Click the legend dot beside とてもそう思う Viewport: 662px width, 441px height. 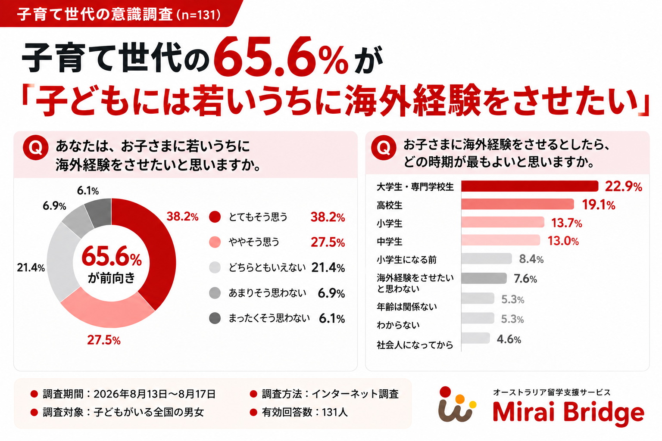click(x=215, y=217)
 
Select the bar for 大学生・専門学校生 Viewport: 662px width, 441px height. click(x=530, y=186)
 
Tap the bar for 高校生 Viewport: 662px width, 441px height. click(x=518, y=204)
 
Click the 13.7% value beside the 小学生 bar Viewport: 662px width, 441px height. click(x=567, y=223)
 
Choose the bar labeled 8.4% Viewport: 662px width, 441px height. click(x=487, y=258)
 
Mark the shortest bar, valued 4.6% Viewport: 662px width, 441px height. click(x=475, y=338)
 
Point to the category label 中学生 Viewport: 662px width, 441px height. click(x=390, y=242)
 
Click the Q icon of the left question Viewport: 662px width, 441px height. click(x=36, y=148)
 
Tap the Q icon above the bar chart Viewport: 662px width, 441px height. click(x=384, y=148)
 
